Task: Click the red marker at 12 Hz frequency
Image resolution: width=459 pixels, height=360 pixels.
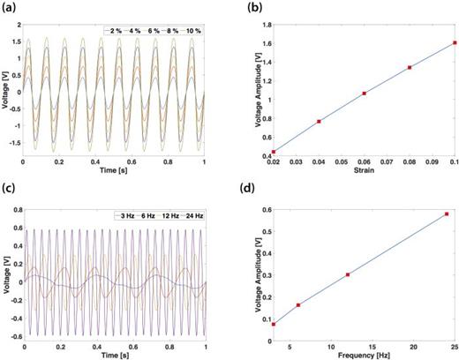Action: (348, 274)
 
